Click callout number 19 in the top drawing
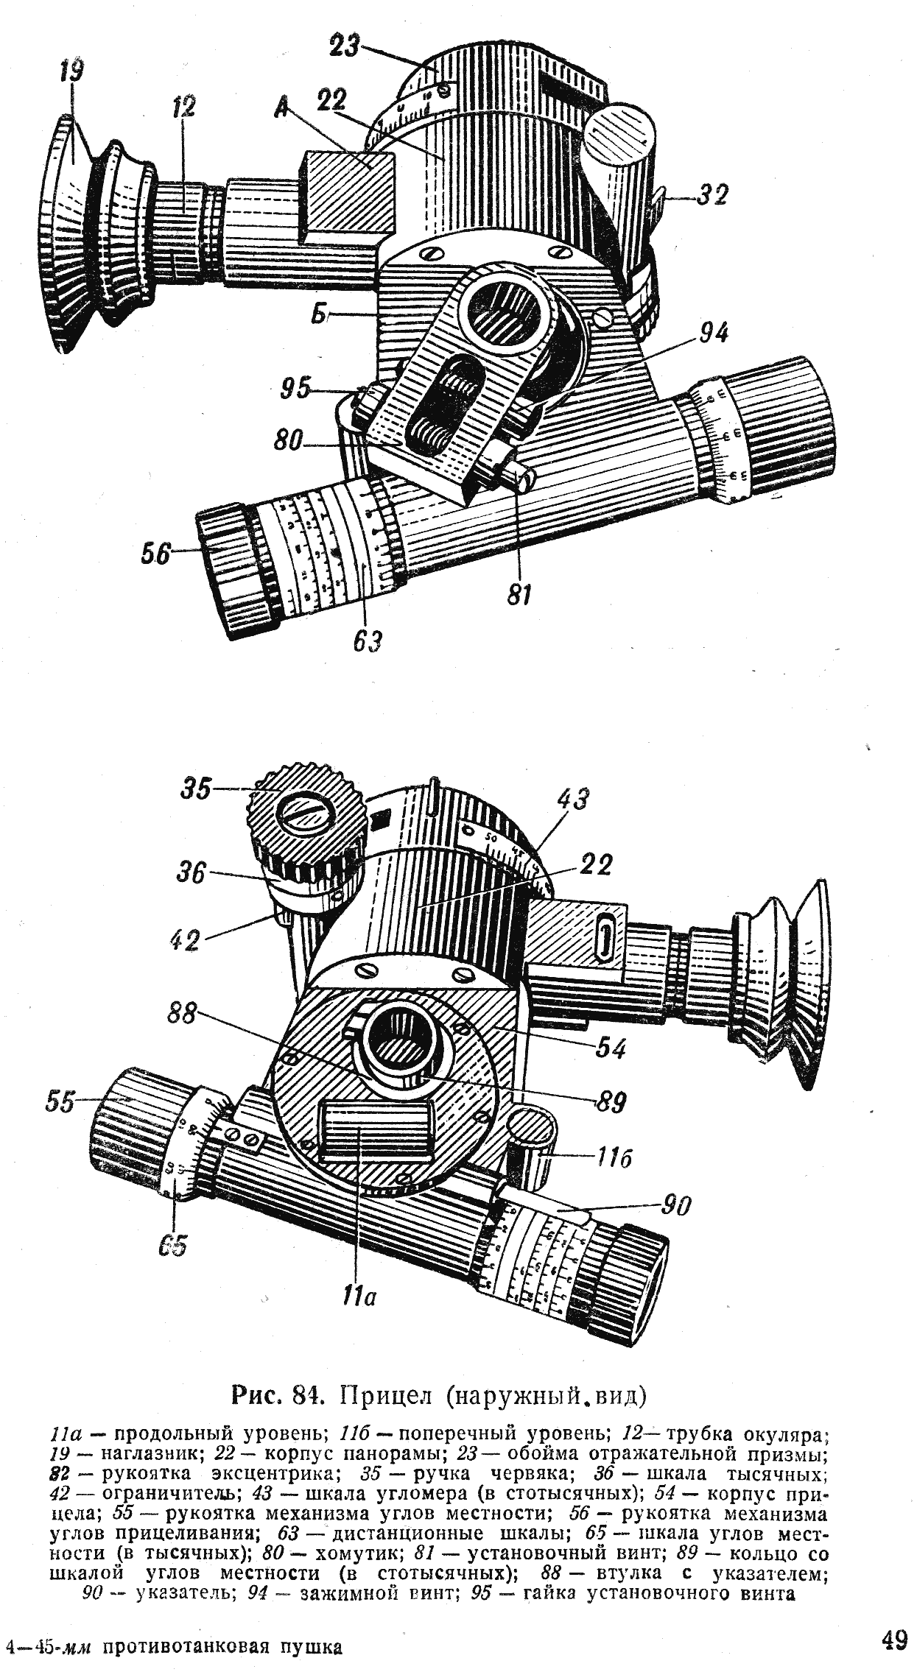(x=73, y=73)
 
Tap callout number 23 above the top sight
(x=345, y=46)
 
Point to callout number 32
(x=712, y=195)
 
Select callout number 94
(x=712, y=334)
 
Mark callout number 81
(x=519, y=595)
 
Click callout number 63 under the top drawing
(x=366, y=642)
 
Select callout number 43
(x=573, y=800)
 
